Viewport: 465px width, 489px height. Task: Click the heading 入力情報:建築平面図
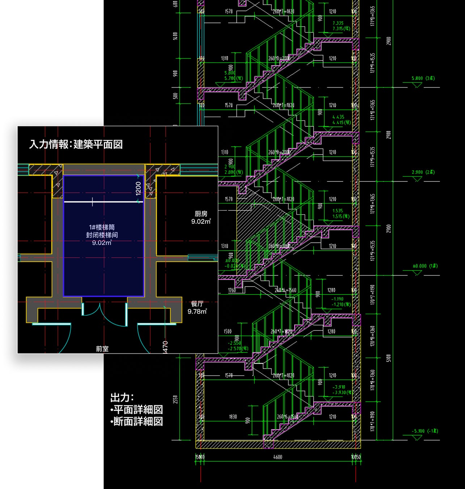76,145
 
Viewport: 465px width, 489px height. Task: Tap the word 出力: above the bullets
122,398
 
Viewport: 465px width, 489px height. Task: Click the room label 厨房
201,214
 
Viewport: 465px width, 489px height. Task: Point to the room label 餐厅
197,304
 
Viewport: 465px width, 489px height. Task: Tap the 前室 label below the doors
102,349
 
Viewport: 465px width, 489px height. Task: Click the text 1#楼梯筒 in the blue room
102,227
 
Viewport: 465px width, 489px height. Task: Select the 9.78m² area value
197,312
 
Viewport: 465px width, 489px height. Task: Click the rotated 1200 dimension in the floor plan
139,188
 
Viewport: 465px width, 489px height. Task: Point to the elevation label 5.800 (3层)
423,78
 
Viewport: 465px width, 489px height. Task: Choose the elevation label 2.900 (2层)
423,172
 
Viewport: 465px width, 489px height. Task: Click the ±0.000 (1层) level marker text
425,266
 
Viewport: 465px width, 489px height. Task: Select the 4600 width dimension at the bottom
278,457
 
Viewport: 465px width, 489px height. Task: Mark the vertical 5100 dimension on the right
389,358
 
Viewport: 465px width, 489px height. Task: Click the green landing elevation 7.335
338,23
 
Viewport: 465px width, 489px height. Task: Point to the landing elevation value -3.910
339,387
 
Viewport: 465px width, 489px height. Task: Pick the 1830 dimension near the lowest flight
233,417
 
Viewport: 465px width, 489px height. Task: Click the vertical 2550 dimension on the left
176,400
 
